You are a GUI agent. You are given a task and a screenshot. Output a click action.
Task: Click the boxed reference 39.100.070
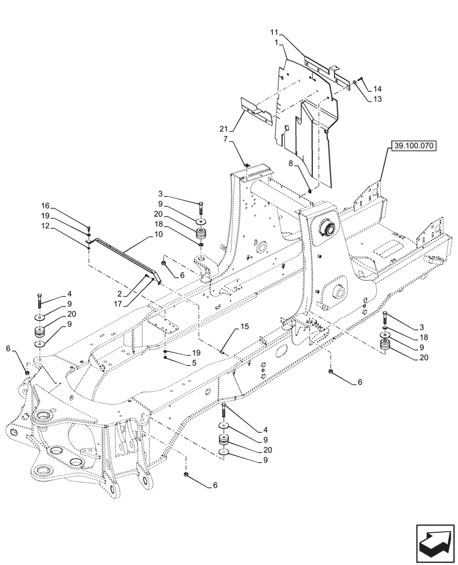pos(412,146)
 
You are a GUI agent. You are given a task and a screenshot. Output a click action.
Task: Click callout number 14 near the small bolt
pos(377,89)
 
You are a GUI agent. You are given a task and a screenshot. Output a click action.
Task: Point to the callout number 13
pos(377,99)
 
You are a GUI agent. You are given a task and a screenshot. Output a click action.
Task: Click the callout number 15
pos(229,326)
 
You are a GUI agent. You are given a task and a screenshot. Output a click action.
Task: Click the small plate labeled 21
pos(254,111)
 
